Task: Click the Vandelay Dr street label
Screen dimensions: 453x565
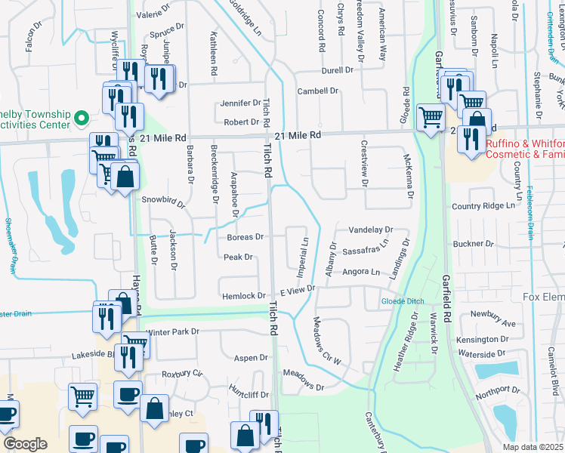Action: pos(371,230)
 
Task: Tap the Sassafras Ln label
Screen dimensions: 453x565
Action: pos(365,248)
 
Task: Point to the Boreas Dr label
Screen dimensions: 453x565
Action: pos(245,237)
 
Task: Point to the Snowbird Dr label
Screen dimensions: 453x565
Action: pos(163,201)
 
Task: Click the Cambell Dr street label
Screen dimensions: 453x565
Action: pos(317,91)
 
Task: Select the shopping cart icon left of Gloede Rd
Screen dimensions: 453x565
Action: pos(430,117)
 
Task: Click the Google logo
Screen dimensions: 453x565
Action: pos(25,444)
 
